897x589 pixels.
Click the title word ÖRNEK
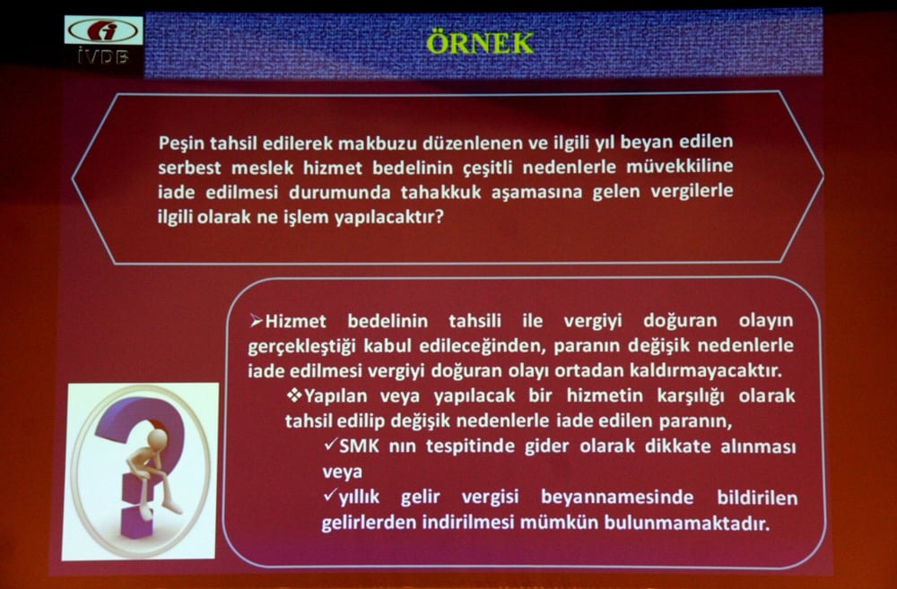click(479, 42)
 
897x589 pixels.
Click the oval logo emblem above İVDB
click(103, 30)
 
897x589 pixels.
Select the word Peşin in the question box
click(179, 143)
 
